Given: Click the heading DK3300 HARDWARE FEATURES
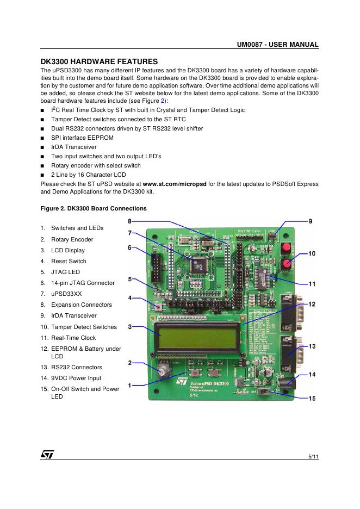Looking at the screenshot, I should [99, 61].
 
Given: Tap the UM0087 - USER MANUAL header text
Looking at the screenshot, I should [277, 45].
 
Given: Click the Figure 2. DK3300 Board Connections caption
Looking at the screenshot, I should [94, 208].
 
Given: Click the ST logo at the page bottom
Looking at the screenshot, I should [47, 455].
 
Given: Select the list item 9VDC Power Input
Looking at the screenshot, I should [76, 378].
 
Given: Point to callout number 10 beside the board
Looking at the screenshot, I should [312, 253].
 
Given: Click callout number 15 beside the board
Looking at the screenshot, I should [312, 399].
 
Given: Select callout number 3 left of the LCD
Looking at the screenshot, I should [130, 327].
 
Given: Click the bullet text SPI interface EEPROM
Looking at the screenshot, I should [82, 138].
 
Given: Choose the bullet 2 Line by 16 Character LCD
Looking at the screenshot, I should [88, 175].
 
